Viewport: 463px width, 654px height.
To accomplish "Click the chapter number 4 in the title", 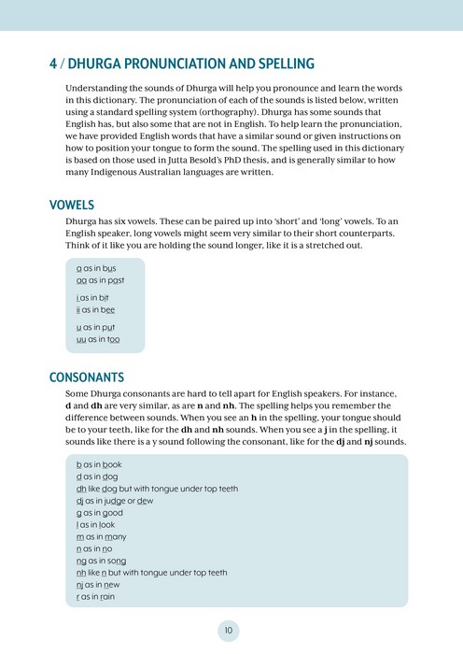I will click(x=53, y=64).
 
